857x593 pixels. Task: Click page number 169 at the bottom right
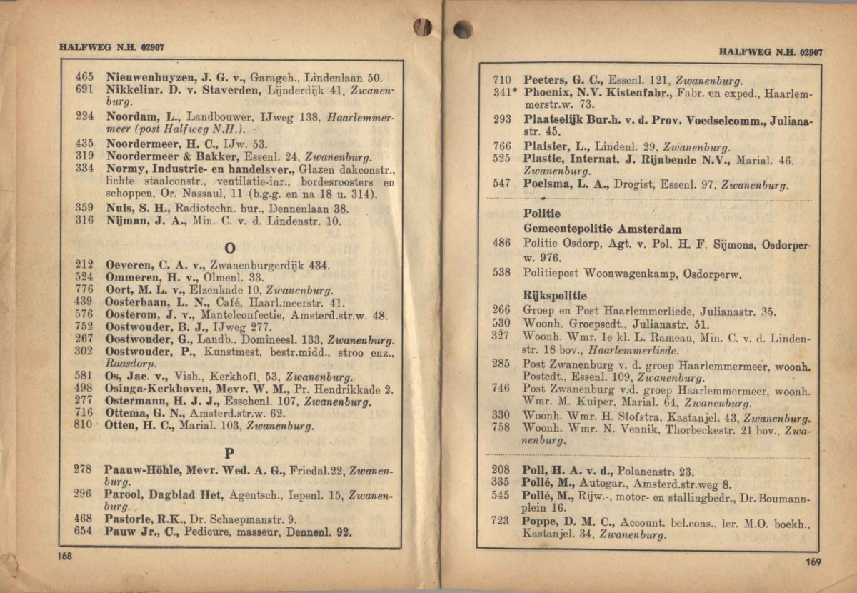(x=813, y=562)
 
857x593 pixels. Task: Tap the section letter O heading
(x=230, y=248)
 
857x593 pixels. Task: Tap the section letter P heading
(x=229, y=452)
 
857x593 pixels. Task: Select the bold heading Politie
(x=541, y=214)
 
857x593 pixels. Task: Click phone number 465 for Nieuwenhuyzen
(x=84, y=77)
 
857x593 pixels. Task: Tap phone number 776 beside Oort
(x=84, y=290)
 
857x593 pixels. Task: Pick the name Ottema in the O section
(x=126, y=413)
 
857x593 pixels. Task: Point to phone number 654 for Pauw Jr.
(x=84, y=532)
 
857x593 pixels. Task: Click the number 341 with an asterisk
(x=504, y=93)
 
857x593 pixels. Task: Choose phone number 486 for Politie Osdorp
(x=501, y=243)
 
